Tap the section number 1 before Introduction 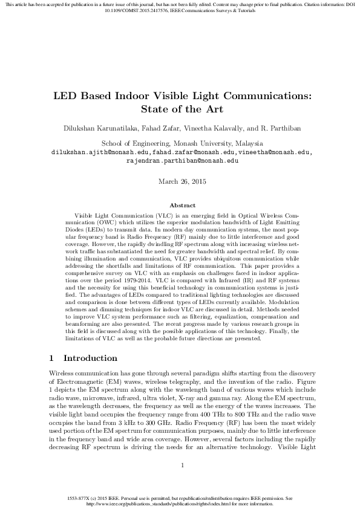point(51,358)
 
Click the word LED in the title point(66,96)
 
